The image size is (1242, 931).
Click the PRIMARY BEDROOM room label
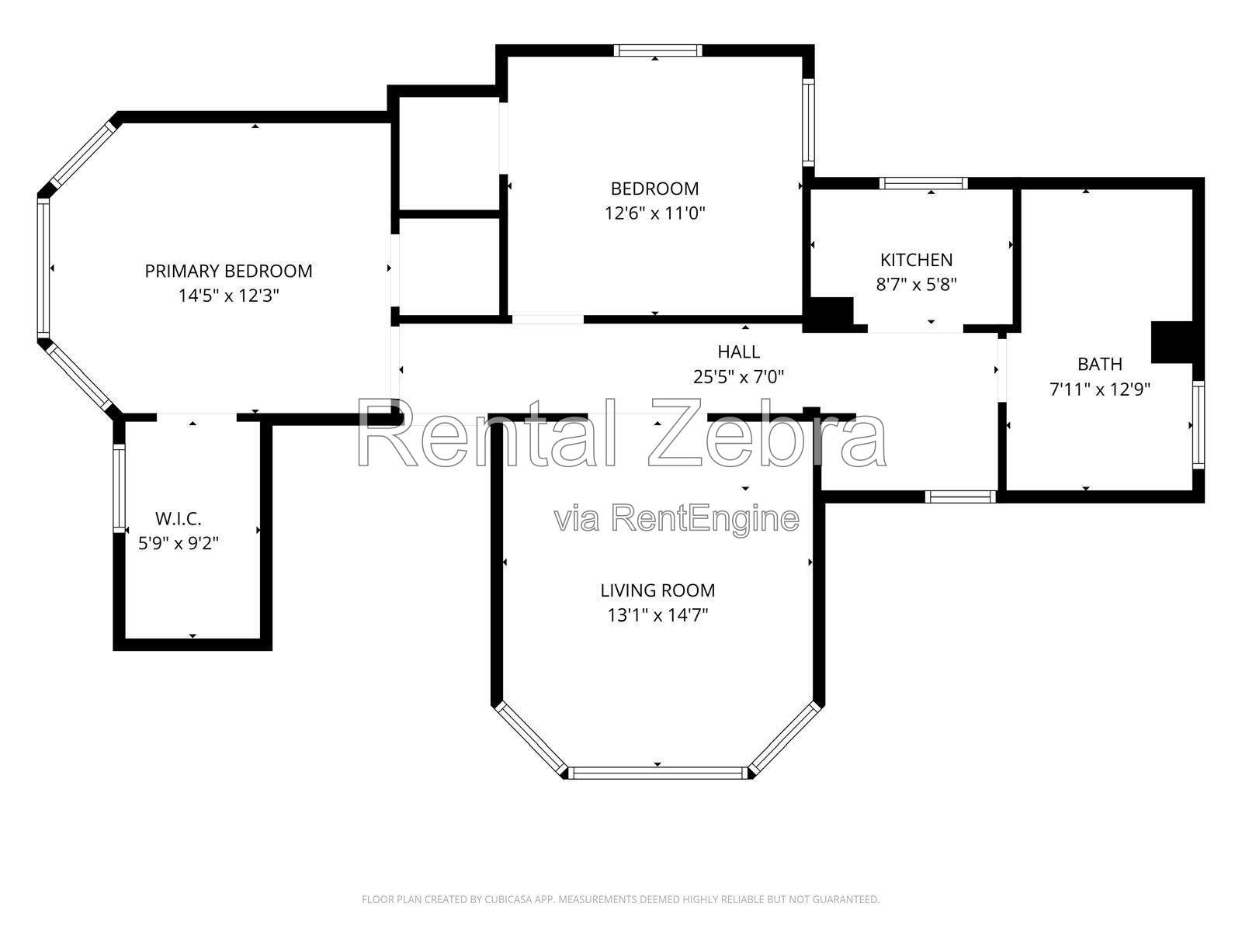pyautogui.click(x=228, y=271)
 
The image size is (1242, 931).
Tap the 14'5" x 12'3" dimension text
pyautogui.click(x=228, y=296)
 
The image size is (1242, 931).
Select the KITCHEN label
pyautogui.click(x=916, y=260)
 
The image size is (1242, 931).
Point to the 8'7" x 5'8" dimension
pyautogui.click(x=916, y=284)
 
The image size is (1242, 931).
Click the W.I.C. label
pyautogui.click(x=179, y=518)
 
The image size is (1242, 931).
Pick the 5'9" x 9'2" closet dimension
pyautogui.click(x=179, y=543)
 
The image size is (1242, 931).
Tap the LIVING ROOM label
pyautogui.click(x=657, y=590)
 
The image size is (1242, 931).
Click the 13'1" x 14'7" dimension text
pyautogui.click(x=657, y=615)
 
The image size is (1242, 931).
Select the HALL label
pyautogui.click(x=738, y=351)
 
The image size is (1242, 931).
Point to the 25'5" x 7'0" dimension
pyautogui.click(x=738, y=376)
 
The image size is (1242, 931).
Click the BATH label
pyautogui.click(x=1099, y=364)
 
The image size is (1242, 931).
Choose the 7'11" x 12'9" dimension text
pyautogui.click(x=1099, y=389)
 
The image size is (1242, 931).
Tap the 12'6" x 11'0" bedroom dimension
pyautogui.click(x=654, y=213)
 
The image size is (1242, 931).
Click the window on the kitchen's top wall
pyautogui.click(x=923, y=183)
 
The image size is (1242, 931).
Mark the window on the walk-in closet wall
pyautogui.click(x=119, y=488)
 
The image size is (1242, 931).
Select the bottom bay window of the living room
pyautogui.click(x=657, y=773)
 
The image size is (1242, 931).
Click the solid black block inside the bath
pyautogui.click(x=1172, y=342)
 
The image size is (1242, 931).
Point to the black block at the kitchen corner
pyautogui.click(x=827, y=313)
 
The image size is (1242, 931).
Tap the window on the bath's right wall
pyautogui.click(x=1199, y=424)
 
